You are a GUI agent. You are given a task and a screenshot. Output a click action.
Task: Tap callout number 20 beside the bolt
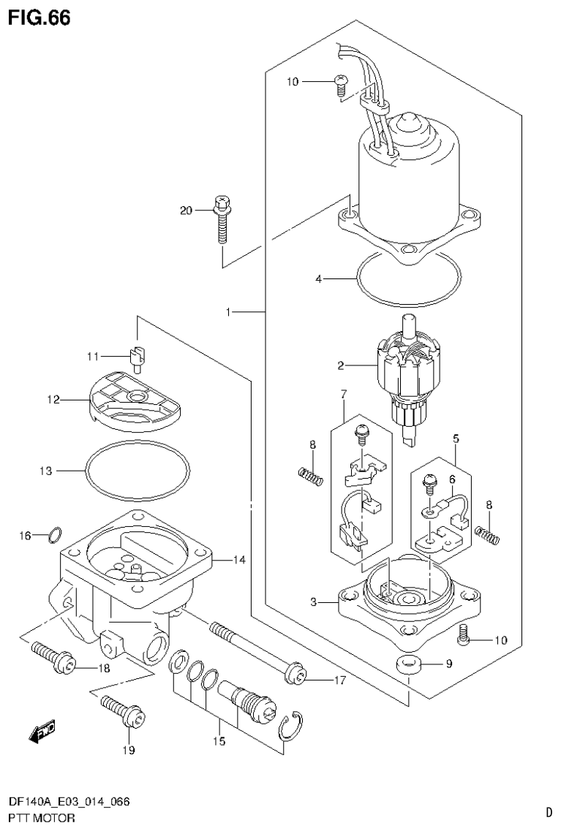pos(186,210)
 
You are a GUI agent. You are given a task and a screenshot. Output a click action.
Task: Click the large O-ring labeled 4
pos(408,279)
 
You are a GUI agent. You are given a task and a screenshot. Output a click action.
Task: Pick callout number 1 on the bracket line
pos(228,312)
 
